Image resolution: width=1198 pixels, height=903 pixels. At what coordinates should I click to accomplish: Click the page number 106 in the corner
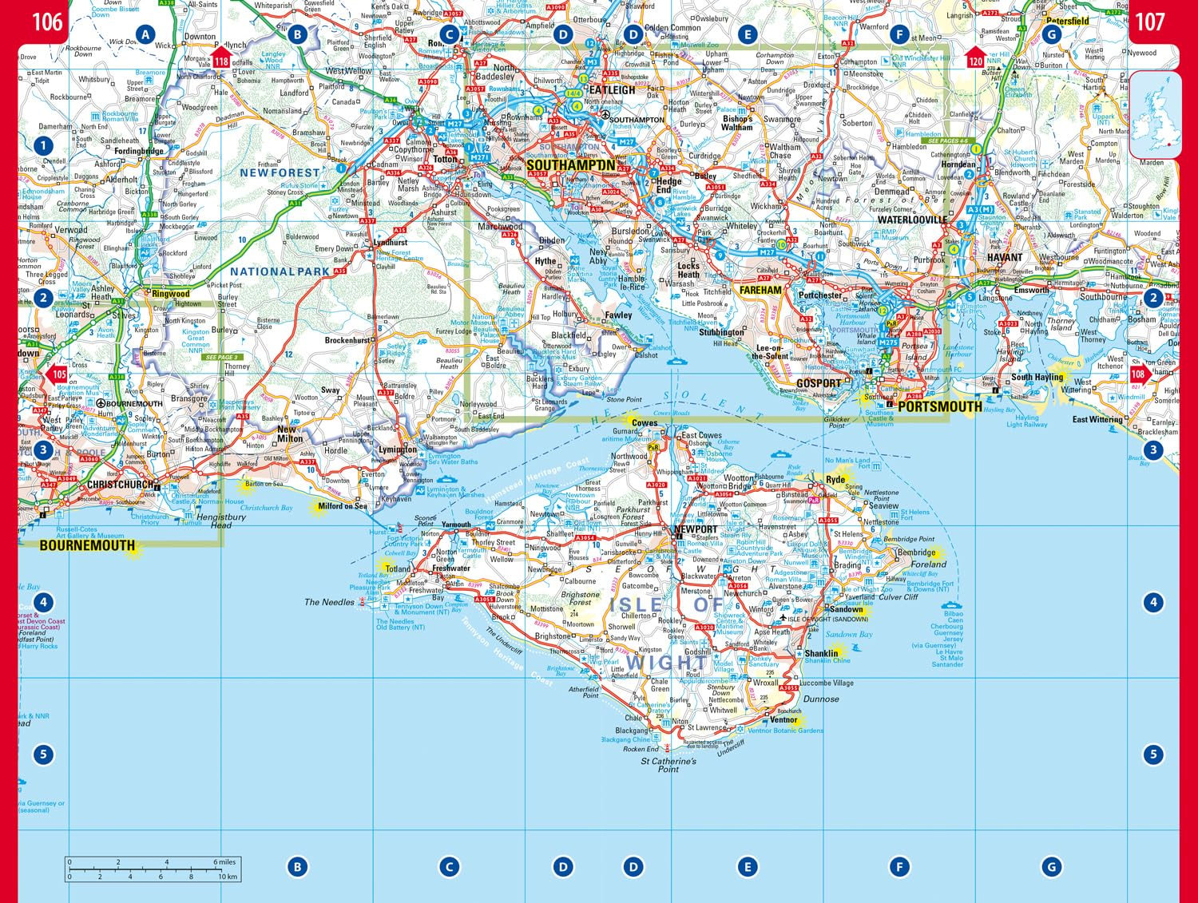click(x=47, y=22)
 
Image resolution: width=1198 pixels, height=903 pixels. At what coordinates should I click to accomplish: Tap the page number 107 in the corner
click(x=1150, y=22)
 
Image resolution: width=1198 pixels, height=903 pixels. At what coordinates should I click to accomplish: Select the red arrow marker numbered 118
click(x=220, y=58)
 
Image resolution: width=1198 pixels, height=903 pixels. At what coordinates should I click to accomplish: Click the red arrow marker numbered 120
click(x=975, y=58)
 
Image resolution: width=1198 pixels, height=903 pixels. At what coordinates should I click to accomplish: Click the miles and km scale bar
click(x=153, y=869)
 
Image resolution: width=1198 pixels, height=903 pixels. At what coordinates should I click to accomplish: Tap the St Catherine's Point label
click(x=668, y=765)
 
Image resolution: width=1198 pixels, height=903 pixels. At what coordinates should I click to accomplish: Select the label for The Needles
click(x=329, y=602)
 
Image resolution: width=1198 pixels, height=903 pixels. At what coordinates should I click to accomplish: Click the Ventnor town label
click(x=783, y=719)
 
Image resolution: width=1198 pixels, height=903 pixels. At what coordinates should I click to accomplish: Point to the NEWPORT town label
click(x=696, y=529)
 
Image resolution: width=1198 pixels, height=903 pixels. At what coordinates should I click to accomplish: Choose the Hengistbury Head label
click(x=221, y=521)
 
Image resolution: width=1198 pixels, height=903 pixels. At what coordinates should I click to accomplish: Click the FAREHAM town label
click(x=760, y=291)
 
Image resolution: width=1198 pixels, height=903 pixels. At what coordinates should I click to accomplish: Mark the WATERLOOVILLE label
click(x=912, y=220)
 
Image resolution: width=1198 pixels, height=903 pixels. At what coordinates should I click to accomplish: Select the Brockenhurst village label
click(x=347, y=340)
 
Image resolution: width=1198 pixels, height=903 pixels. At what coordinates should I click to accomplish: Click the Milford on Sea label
click(x=343, y=505)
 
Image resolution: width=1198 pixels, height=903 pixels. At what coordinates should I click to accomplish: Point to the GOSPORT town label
click(x=819, y=383)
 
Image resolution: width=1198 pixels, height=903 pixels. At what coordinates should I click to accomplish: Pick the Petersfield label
click(x=1068, y=22)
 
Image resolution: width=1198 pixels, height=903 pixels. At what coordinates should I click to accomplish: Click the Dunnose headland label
click(x=821, y=699)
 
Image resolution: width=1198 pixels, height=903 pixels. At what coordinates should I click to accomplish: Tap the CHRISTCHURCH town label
click(x=121, y=485)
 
